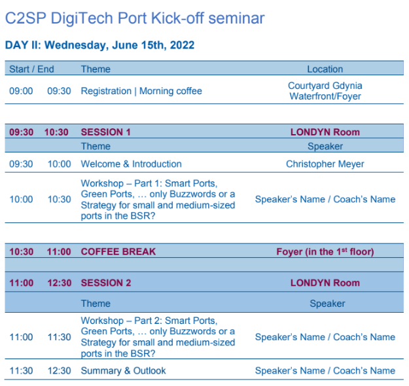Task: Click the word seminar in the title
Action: point(236,18)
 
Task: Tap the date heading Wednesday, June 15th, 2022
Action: point(120,45)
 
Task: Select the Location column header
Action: point(325,69)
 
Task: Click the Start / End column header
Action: point(31,69)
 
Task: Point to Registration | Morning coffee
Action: point(141,91)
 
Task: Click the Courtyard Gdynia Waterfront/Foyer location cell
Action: point(325,91)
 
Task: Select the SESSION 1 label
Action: point(105,132)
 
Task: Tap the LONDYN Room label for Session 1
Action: point(325,132)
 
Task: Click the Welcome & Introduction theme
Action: point(131,164)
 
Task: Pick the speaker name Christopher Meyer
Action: point(325,164)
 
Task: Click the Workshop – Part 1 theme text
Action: point(158,200)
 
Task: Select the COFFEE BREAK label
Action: point(118,252)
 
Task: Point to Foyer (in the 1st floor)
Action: point(325,252)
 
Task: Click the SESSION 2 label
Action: point(106,283)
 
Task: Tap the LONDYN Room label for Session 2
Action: point(325,283)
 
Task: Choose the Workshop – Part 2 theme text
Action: point(158,337)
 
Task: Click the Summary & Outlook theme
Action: point(124,370)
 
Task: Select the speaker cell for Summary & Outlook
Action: point(325,370)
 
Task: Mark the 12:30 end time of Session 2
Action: point(59,283)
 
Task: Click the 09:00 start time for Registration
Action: point(21,91)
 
